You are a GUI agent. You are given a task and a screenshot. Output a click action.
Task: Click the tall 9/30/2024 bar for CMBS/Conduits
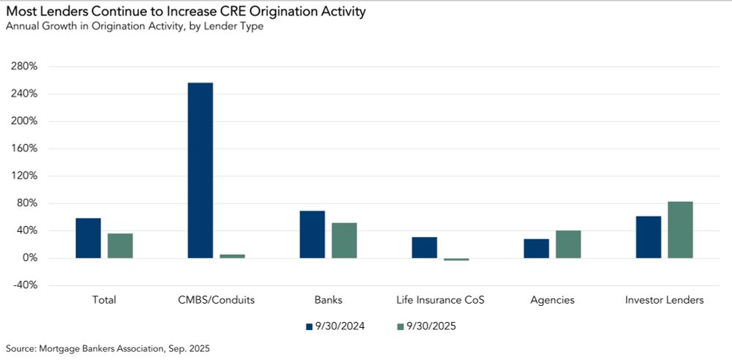pyautogui.click(x=200, y=170)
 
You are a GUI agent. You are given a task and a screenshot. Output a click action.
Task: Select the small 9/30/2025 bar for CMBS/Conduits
pyautogui.click(x=232, y=256)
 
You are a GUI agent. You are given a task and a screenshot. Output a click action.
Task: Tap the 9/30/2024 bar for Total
pyautogui.click(x=88, y=238)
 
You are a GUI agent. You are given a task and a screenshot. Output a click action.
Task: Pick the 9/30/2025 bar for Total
pyautogui.click(x=120, y=246)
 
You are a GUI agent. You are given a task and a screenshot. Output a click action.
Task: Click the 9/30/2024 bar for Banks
pyautogui.click(x=313, y=234)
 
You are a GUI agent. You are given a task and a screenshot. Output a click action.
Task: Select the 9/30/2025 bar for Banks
pyautogui.click(x=344, y=241)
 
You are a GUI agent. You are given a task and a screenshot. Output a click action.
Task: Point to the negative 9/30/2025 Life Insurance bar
pyautogui.click(x=456, y=260)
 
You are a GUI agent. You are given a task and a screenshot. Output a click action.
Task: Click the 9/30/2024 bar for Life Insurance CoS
pyautogui.click(x=425, y=247)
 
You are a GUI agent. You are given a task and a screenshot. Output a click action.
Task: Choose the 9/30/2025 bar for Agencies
pyautogui.click(x=568, y=244)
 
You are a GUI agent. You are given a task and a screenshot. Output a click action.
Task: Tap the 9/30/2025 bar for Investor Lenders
pyautogui.click(x=680, y=230)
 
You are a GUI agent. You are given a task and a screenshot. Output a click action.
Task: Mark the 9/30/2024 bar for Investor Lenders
pyautogui.click(x=649, y=237)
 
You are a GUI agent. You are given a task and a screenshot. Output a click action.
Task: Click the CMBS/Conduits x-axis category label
pyautogui.click(x=216, y=300)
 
